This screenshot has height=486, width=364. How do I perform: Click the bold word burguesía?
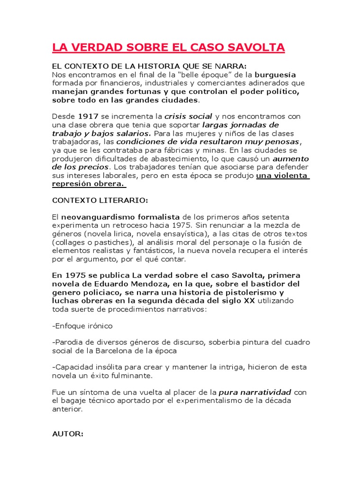(x=275, y=75)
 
